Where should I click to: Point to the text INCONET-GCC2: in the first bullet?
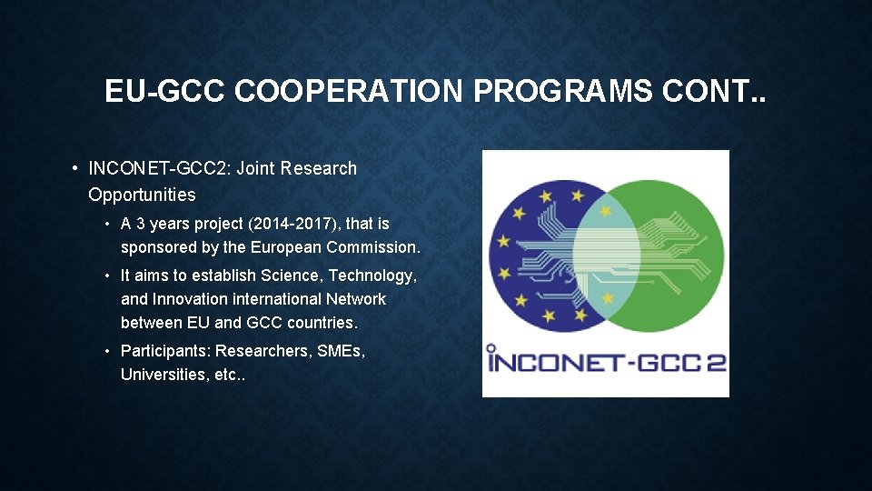point(159,168)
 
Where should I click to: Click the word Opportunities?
point(142,195)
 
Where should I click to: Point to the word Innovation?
point(190,299)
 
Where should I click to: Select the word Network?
point(356,299)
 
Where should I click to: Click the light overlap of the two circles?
point(606,254)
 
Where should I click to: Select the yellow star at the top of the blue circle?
point(545,194)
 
